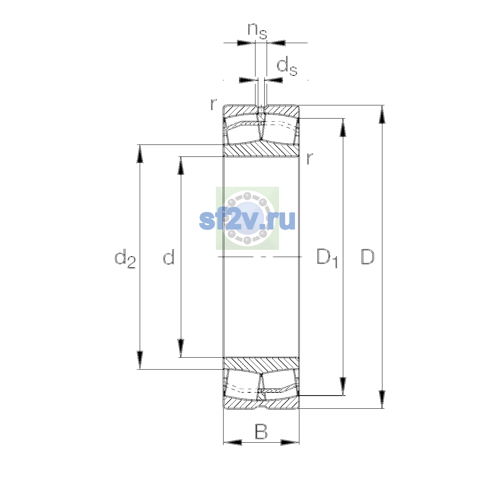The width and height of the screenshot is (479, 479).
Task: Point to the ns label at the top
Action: coord(257,31)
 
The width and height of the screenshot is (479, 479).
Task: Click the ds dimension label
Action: coord(287,66)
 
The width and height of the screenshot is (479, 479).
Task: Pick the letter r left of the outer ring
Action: coord(214,104)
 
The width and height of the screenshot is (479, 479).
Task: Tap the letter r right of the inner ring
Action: coord(309,158)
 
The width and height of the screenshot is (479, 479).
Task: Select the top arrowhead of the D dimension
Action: coord(382,114)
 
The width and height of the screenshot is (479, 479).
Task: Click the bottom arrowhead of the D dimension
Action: coord(382,400)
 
